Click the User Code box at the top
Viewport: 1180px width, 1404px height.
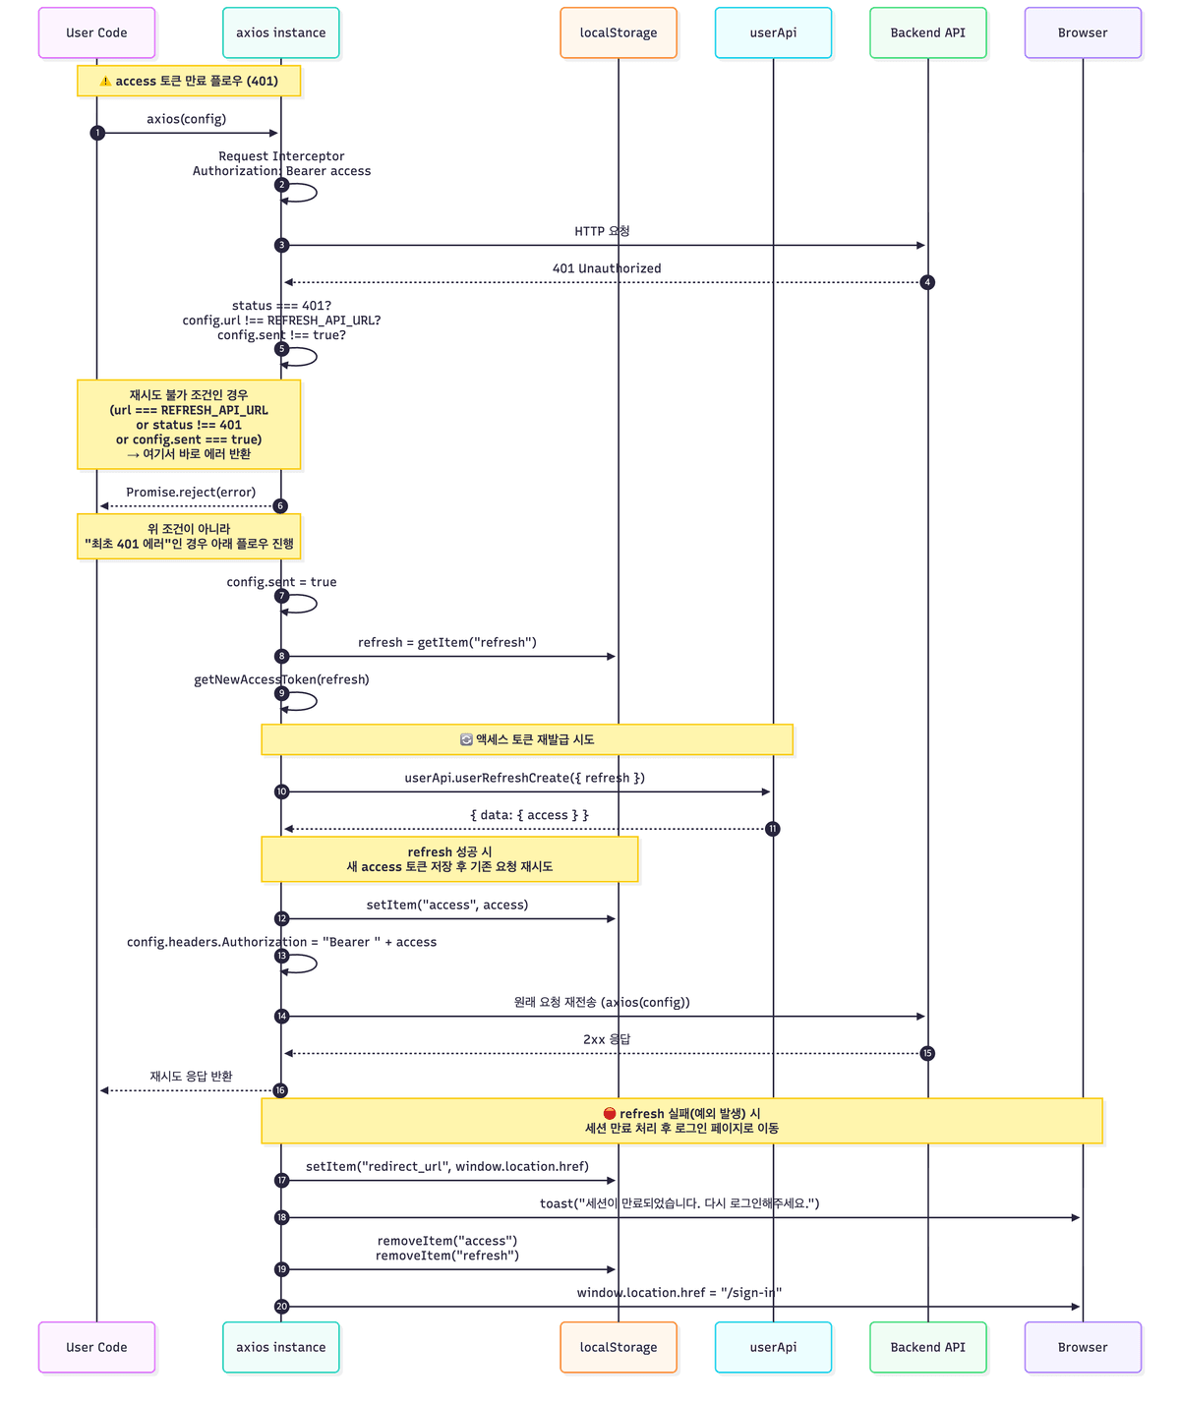tap(96, 33)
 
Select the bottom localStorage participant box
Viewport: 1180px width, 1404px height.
tap(619, 1347)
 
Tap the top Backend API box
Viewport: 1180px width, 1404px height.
tap(927, 33)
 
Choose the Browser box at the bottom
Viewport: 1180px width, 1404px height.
tap(1083, 1347)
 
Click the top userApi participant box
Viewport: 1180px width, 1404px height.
tap(773, 33)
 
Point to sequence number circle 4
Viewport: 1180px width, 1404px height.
tap(927, 283)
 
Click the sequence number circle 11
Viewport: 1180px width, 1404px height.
tap(773, 829)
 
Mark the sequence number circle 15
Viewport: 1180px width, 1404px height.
tap(927, 1054)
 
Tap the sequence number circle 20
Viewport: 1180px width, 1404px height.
tap(282, 1307)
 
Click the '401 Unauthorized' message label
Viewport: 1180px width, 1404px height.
tap(607, 268)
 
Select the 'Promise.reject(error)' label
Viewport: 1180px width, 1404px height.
tap(191, 493)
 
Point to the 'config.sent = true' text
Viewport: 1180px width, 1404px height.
tap(281, 582)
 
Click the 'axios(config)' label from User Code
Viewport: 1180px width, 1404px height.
tap(187, 119)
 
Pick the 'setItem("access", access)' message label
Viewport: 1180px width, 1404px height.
tap(447, 905)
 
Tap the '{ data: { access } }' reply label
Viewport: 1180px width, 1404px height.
tap(529, 815)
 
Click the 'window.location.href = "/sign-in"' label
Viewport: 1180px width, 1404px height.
tap(679, 1293)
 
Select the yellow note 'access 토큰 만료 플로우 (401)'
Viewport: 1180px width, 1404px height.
tap(189, 82)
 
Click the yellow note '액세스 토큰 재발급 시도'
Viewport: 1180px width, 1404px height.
tap(527, 739)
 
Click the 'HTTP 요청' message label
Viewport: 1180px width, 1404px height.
tap(602, 231)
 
